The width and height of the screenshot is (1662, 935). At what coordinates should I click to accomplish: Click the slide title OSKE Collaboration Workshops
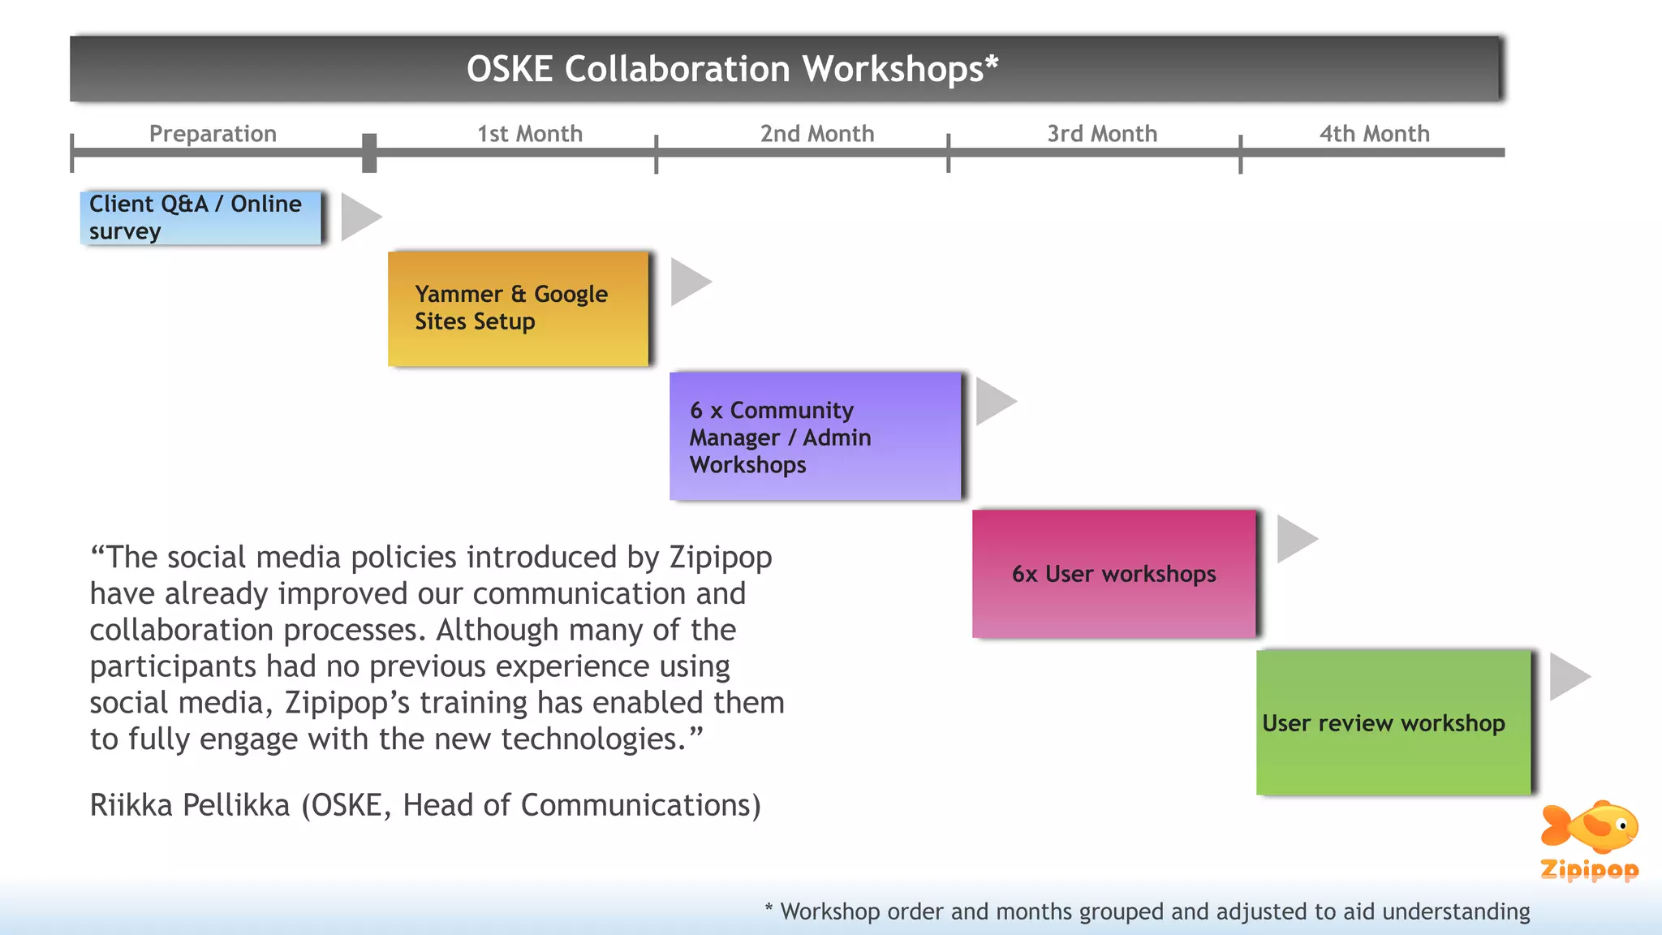(x=732, y=69)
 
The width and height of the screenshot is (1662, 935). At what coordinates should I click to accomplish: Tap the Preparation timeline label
(x=213, y=133)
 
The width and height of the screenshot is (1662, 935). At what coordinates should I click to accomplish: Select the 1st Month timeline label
(x=529, y=133)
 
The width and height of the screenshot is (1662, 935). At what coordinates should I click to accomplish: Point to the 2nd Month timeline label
(x=816, y=133)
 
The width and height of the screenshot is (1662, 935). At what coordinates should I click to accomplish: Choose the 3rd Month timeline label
(x=1101, y=133)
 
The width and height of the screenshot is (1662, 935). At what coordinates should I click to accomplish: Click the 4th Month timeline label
(x=1374, y=133)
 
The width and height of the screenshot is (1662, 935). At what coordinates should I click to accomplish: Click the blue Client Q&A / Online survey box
(x=201, y=218)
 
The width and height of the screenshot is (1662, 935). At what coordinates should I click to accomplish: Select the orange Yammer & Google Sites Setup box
(x=518, y=308)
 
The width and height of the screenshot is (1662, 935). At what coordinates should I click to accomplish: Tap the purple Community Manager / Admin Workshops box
(x=815, y=437)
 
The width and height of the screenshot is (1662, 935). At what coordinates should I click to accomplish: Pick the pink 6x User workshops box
(x=1113, y=574)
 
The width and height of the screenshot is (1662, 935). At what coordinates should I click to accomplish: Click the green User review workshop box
(x=1392, y=722)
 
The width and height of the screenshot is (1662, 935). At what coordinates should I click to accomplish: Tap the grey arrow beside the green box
(x=1567, y=676)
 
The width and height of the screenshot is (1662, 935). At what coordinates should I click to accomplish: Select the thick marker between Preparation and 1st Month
(x=369, y=153)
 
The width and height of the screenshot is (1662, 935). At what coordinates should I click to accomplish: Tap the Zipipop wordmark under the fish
(x=1589, y=870)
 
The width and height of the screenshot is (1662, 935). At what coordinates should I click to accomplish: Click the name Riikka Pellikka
(x=189, y=805)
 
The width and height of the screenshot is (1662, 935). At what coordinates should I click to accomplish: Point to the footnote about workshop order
(x=1147, y=911)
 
